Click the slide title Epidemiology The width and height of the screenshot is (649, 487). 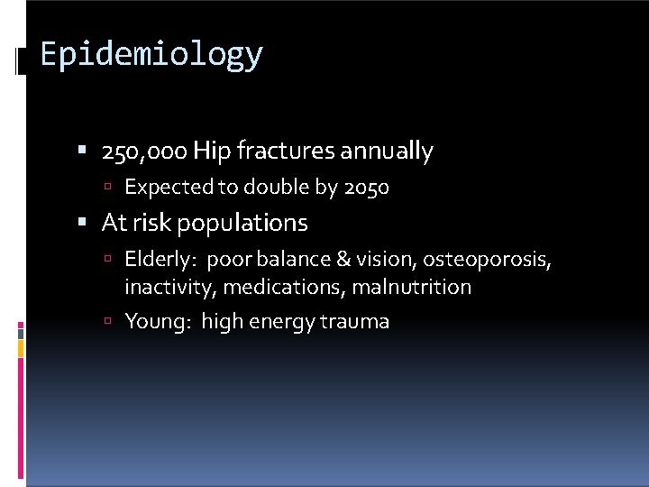[151, 55]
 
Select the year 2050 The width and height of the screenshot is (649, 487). [367, 188]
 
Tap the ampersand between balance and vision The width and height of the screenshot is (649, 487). [344, 260]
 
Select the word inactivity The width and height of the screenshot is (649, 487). [169, 288]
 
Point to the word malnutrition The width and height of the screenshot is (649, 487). [411, 288]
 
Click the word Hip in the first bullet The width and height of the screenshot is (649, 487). [212, 152]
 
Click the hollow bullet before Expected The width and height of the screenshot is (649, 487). [107, 188]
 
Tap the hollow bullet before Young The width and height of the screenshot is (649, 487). [107, 321]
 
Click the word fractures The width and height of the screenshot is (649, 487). [285, 152]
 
